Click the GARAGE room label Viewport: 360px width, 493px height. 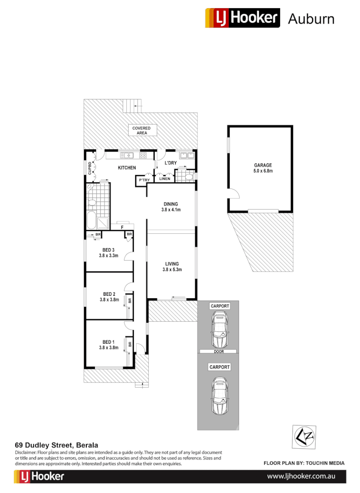coord(263,168)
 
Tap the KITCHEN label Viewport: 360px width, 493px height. coord(127,168)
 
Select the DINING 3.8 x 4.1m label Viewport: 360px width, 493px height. coord(171,207)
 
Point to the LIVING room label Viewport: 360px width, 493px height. coord(172,267)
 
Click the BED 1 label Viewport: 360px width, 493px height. coord(109,345)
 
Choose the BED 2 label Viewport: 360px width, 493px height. coord(109,297)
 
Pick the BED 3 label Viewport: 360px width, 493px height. coord(109,252)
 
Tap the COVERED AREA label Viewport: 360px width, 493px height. coord(141,131)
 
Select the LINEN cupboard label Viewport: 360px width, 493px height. coord(165,178)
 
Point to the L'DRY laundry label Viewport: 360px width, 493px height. coord(171,163)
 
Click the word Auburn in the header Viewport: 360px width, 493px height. coord(311,19)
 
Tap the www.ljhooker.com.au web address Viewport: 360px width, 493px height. coord(301,476)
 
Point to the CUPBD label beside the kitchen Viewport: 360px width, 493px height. coord(90,168)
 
